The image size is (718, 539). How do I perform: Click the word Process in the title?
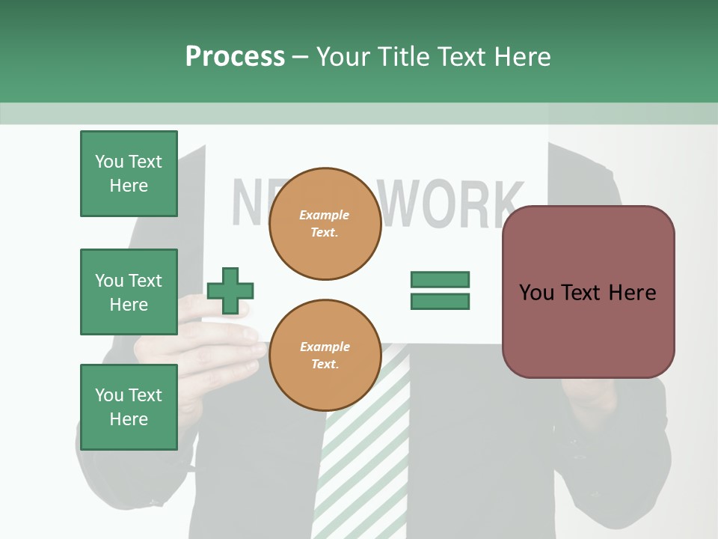235,56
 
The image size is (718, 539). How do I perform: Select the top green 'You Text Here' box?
129,174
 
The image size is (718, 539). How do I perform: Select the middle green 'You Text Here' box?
129,292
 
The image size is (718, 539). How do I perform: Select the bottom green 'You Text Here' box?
129,407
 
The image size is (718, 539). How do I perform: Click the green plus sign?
230,290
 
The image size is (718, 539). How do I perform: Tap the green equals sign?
440,290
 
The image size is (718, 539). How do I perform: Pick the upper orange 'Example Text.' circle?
325,224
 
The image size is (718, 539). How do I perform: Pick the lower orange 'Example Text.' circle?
325,355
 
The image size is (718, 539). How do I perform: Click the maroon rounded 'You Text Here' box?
588,292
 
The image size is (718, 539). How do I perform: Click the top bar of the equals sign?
440,280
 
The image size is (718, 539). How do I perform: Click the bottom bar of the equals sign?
440,301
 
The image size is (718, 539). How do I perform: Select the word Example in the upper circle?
325,215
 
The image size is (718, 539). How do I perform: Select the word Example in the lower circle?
325,347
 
